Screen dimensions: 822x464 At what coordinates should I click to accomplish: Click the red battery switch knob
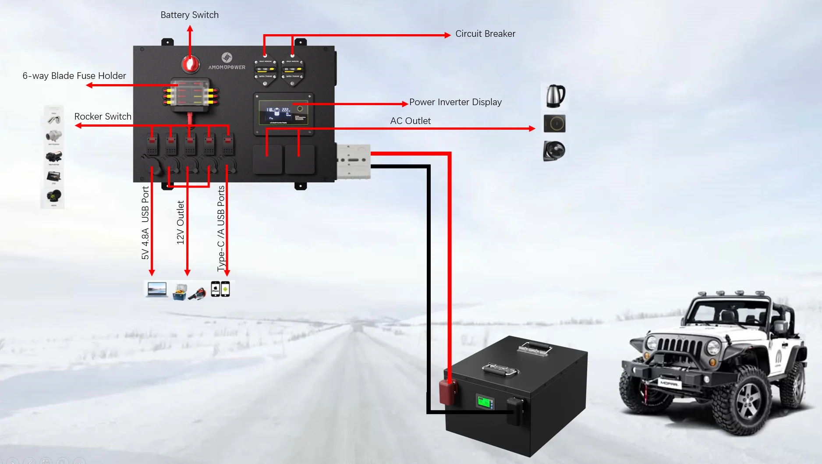(191, 64)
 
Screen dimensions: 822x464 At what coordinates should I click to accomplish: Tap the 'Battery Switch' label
(189, 15)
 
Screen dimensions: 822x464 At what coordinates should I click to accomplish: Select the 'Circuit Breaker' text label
(485, 34)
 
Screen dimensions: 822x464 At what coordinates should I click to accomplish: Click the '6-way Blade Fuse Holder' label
(74, 76)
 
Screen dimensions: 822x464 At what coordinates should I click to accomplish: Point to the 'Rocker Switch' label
(103, 117)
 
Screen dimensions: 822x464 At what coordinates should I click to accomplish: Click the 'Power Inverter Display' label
(455, 102)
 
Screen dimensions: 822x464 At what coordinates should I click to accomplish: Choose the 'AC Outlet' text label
(410, 121)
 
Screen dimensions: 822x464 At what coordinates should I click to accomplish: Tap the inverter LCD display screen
(283, 113)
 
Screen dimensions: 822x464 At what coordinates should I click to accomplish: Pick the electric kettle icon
(555, 96)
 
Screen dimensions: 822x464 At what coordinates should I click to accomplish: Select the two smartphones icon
(220, 289)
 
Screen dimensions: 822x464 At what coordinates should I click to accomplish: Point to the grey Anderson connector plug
(353, 161)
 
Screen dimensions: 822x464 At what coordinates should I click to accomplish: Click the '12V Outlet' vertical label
(180, 223)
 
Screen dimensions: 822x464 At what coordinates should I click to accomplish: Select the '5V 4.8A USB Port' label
(145, 223)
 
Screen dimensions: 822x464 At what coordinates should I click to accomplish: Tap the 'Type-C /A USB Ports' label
(221, 228)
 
